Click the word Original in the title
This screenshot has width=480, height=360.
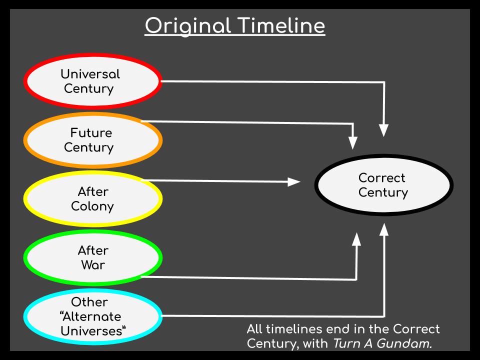pos(187,26)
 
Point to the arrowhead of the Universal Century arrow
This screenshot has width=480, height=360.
pos(384,130)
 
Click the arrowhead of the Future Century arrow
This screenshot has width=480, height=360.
pos(353,143)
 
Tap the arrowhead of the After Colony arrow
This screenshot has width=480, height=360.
pos(294,182)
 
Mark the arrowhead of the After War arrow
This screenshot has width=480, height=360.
pos(356,239)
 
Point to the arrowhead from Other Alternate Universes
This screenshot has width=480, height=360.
pos(384,229)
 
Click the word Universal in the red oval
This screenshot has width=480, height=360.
pos(90,74)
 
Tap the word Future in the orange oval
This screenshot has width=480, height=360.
pos(91,132)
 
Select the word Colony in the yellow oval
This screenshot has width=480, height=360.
pos(92,206)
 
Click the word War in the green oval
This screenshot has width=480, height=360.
pos(93,265)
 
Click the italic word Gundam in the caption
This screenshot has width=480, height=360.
pos(404,343)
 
